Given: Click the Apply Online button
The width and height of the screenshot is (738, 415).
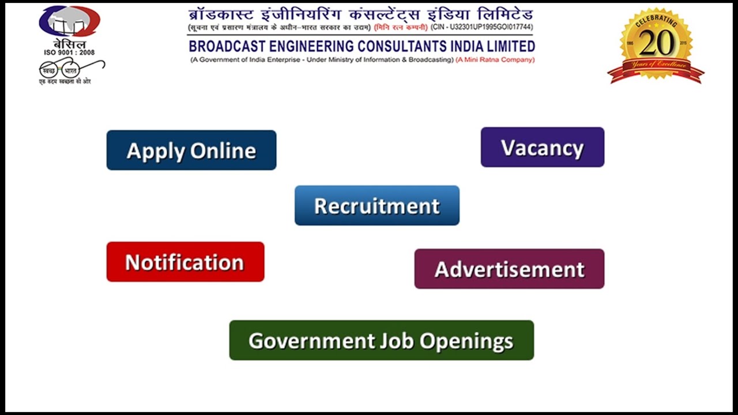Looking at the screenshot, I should pos(191,150).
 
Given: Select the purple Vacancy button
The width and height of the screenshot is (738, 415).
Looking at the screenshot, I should pos(543,148).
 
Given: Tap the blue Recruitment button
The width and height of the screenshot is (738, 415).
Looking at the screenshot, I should pos(377,206).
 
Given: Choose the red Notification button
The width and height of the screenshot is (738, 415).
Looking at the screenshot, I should pos(185,262).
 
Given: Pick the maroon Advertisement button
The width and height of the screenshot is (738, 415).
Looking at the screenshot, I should pos(509,269).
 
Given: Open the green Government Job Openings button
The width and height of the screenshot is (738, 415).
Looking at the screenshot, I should pos(381,341).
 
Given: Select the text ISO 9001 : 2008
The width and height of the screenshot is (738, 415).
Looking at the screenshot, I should pos(69,53).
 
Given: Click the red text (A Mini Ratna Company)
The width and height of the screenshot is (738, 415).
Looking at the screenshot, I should pos(495,60).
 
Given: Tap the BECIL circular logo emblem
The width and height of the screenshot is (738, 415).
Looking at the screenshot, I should pos(69,21).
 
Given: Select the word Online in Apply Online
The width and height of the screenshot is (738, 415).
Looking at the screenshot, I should pos(223,150).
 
